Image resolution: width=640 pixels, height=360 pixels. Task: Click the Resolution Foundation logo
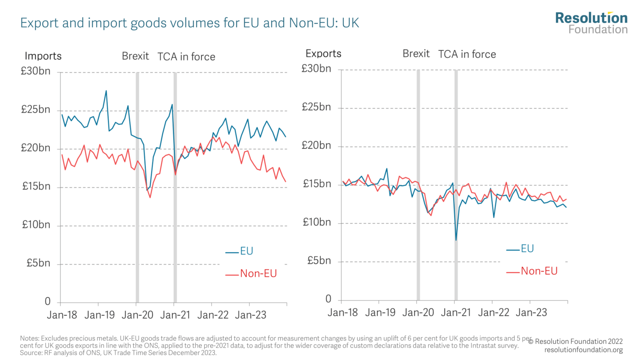(x=591, y=23)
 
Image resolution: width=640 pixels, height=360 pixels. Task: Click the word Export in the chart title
(x=39, y=23)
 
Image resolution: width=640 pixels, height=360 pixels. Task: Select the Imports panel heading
(x=43, y=56)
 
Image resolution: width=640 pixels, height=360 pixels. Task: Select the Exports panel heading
(x=323, y=53)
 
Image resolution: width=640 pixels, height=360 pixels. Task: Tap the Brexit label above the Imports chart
(x=135, y=56)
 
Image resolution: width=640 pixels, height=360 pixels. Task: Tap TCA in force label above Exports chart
(x=467, y=54)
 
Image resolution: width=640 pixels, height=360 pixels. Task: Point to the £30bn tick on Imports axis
(x=36, y=71)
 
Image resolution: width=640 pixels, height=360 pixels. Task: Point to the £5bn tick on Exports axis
(x=319, y=261)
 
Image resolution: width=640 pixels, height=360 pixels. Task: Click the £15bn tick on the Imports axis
(x=36, y=186)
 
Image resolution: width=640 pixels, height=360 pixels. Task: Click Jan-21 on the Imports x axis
(x=175, y=315)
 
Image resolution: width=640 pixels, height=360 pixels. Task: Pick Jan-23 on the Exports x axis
(x=531, y=312)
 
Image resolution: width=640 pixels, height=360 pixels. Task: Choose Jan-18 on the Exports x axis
(x=342, y=312)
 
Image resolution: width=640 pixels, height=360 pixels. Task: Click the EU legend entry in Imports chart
(x=246, y=251)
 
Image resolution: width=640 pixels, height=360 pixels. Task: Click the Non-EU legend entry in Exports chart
(x=538, y=271)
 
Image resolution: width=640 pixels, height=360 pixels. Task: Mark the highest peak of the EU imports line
(x=106, y=91)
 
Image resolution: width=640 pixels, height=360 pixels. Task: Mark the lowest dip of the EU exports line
(x=456, y=240)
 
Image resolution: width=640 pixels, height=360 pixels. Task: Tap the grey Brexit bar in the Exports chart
(x=418, y=187)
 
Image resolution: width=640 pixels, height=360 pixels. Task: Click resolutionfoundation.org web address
(x=583, y=350)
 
